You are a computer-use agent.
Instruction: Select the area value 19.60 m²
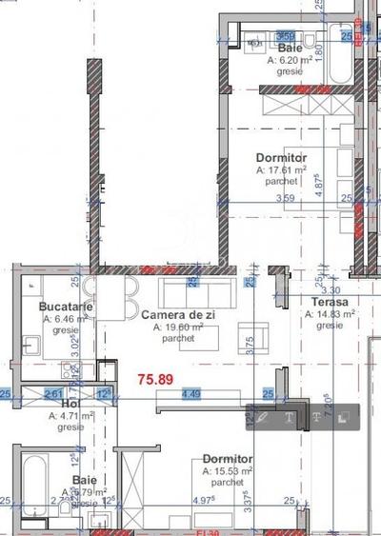tap(178, 327)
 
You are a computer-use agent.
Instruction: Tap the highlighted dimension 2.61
tap(54, 392)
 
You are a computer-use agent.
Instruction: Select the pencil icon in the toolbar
tap(264, 416)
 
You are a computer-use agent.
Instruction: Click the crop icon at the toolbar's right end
tap(344, 416)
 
